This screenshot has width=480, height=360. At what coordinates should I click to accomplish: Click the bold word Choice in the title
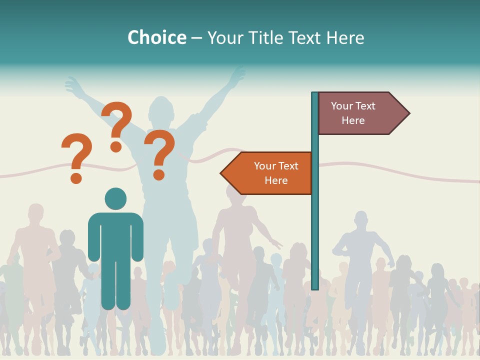tap(156, 37)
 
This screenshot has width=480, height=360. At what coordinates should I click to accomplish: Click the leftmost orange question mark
tap(76, 152)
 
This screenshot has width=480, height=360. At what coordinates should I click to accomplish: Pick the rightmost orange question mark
tap(159, 150)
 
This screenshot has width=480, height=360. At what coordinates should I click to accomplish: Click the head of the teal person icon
tap(115, 198)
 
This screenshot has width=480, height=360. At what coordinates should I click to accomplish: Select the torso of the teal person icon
tap(115, 235)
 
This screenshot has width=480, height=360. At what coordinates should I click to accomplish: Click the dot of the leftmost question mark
tap(76, 177)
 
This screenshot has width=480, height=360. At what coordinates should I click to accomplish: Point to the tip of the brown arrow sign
tap(408, 113)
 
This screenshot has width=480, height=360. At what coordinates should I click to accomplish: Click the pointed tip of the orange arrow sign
tap(221, 173)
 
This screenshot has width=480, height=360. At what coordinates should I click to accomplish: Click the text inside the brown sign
tap(353, 113)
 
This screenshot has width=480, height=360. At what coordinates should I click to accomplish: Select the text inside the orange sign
tap(276, 173)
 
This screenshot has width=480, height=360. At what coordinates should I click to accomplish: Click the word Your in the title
tap(224, 37)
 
